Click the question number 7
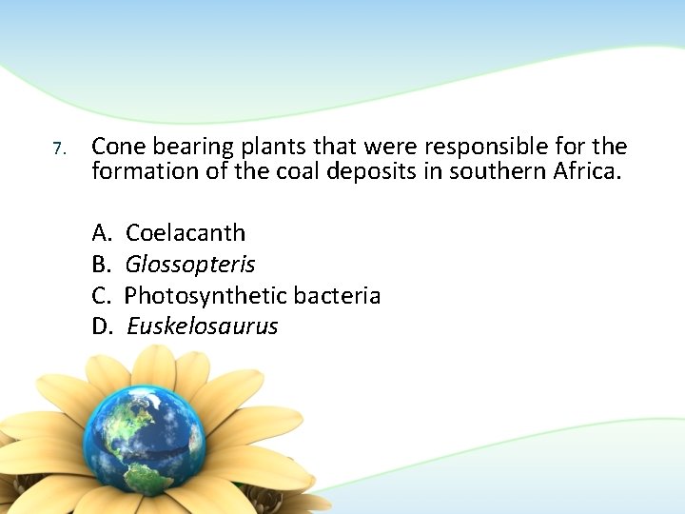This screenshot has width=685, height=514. click(58, 149)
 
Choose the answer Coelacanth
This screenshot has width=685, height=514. click(186, 233)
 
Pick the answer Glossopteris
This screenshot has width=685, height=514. click(190, 265)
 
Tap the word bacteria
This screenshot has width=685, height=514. click(337, 296)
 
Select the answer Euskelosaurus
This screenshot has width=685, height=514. click(202, 327)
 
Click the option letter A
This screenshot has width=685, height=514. click(101, 233)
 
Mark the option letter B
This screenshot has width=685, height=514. click(101, 265)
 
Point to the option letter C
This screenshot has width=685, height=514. click(101, 296)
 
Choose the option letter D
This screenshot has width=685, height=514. click(102, 327)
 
